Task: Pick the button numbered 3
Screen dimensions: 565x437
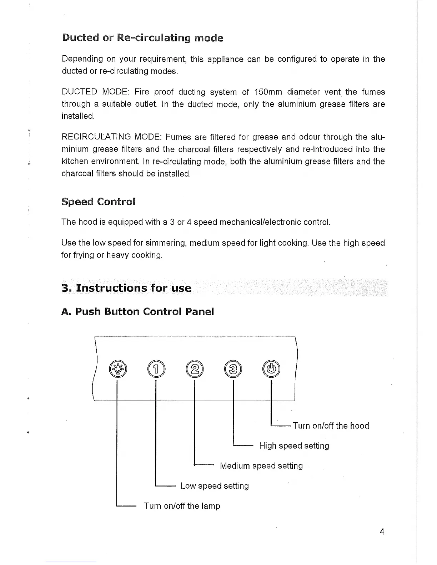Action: coord(233,369)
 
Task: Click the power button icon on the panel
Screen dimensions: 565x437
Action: coord(272,369)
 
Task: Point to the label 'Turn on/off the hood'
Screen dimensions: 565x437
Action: coord(331,426)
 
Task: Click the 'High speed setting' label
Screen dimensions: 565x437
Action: coord(294,446)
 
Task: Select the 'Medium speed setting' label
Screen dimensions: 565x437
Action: coord(261,466)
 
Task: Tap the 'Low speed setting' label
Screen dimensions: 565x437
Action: coord(215,486)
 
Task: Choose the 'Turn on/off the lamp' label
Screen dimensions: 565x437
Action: coord(182,506)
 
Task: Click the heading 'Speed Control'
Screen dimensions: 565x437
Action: coord(98,202)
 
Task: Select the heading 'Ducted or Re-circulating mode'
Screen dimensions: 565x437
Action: coord(142,38)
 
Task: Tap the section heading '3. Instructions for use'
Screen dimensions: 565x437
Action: coord(126,288)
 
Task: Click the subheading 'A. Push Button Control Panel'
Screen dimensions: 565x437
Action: coord(137,311)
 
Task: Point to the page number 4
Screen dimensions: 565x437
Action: coord(382,532)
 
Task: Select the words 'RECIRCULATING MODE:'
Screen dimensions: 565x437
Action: coord(112,137)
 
